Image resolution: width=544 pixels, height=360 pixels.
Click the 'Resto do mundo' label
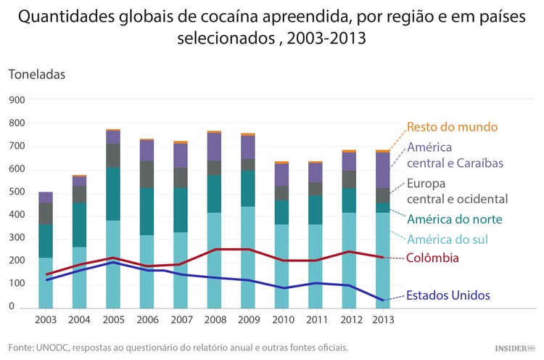(452, 126)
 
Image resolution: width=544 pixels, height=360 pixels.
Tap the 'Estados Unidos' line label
(448, 295)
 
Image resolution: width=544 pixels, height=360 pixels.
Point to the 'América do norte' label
(454, 219)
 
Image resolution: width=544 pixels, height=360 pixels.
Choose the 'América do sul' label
(447, 239)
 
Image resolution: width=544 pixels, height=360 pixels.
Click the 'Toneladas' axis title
(37, 74)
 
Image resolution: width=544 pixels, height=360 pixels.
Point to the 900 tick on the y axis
(16, 100)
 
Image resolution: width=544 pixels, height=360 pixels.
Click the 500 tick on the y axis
(16, 192)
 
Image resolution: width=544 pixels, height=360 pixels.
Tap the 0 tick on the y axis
(12, 307)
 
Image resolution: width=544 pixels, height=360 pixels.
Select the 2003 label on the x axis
(46, 320)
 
